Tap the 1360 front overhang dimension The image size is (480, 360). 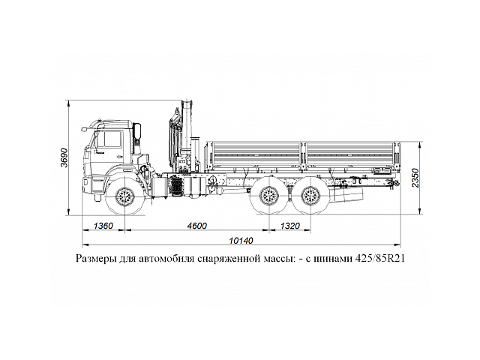(104, 225)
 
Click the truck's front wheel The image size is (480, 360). (124, 199)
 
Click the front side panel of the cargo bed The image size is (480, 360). (255, 154)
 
